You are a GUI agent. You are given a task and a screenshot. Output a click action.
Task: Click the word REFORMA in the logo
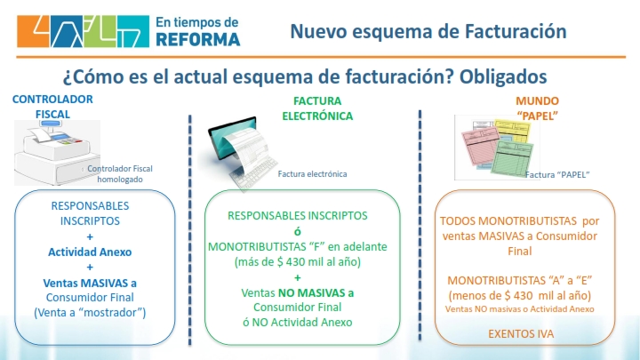coord(198,40)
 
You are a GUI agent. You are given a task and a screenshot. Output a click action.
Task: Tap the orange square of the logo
coord(33,31)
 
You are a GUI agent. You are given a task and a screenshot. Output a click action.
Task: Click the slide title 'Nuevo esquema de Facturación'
coord(428,31)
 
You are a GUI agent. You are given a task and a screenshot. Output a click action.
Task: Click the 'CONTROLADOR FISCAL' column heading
coord(52,107)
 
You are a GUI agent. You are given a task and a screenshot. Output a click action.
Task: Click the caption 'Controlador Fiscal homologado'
coord(120,174)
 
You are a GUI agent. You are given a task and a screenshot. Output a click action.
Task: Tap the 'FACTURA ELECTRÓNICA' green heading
coord(317,108)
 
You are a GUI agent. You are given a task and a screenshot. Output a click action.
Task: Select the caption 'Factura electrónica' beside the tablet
coord(312,174)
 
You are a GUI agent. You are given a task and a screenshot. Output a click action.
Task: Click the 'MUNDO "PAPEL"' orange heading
coord(537,108)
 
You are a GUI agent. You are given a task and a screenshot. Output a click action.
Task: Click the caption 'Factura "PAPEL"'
coord(557,175)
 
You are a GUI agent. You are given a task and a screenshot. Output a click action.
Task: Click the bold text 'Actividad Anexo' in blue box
coord(90,252)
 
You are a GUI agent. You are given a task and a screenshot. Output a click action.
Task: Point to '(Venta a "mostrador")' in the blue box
coord(90,313)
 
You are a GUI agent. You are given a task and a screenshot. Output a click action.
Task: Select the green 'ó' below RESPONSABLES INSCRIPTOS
coord(298,231)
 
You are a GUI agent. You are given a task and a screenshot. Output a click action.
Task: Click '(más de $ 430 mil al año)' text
coord(298,261)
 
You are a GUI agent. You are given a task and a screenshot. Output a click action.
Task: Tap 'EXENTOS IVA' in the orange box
coord(521,334)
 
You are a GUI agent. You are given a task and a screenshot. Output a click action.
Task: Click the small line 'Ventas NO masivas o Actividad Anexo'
coord(520,309)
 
